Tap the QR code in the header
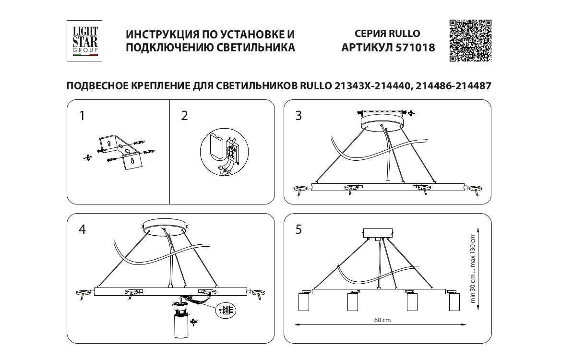point(470,40)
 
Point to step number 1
point(82,116)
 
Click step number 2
point(184,116)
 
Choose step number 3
point(298,116)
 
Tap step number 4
point(82,229)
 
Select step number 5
point(298,229)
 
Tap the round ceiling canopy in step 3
point(382,121)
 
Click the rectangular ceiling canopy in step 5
point(379,233)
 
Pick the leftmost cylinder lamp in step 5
point(304,302)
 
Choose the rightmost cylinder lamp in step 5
point(454,302)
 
